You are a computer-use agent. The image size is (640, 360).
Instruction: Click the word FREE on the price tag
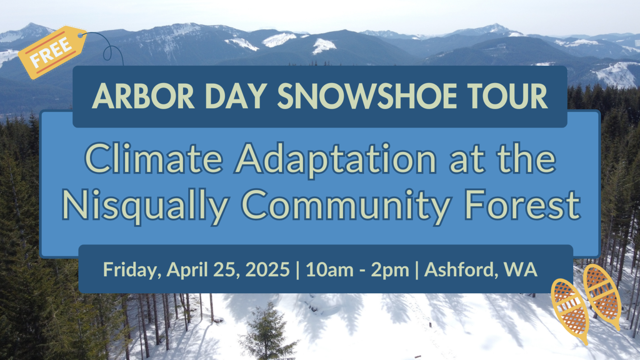[x=51, y=53]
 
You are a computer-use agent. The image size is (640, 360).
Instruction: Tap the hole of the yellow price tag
[x=80, y=35]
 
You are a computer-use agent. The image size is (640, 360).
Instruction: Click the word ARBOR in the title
[x=143, y=96]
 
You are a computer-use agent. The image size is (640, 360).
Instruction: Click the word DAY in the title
[x=236, y=96]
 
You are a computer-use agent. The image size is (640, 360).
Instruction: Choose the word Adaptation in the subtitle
[x=336, y=160]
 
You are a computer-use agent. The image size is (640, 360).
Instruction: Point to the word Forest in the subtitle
[x=522, y=205]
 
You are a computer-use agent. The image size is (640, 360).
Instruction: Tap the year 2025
[x=267, y=270]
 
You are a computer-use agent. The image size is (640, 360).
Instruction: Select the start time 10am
[x=330, y=270]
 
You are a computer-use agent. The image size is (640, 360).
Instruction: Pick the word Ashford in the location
[x=460, y=270]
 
